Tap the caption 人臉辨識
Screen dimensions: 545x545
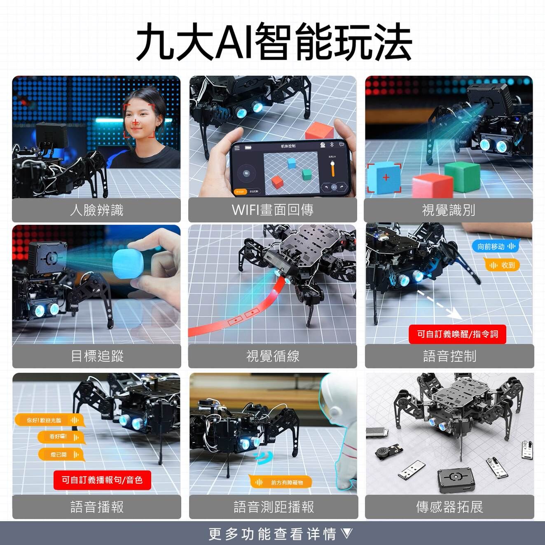(x=96, y=210)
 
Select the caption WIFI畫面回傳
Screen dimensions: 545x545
(x=272, y=210)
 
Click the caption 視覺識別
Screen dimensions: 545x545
(x=449, y=210)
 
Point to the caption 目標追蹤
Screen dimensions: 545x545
(x=97, y=356)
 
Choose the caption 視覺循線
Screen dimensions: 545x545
(x=272, y=356)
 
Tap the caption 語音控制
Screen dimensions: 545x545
(x=449, y=356)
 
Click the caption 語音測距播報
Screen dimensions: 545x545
(x=274, y=507)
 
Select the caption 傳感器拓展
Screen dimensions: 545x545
(x=449, y=507)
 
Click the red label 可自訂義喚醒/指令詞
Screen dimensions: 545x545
(x=457, y=334)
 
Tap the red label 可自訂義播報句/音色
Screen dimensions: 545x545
(x=102, y=480)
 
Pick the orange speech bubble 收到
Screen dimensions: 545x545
(x=501, y=265)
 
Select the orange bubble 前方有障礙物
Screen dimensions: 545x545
(x=281, y=482)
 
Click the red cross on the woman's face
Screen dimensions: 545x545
(x=136, y=122)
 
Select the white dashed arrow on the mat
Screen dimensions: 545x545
(x=439, y=305)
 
